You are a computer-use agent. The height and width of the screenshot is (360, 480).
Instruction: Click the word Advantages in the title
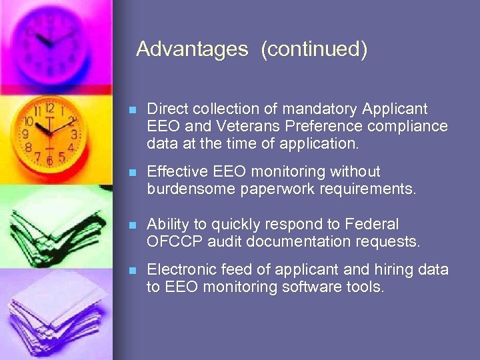coord(192,49)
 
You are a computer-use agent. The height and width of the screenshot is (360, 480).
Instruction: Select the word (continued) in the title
coord(314,49)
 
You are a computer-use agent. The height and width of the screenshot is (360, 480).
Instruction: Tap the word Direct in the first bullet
coord(167,109)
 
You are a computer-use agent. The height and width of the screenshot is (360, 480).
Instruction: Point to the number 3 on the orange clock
coord(74,134)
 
